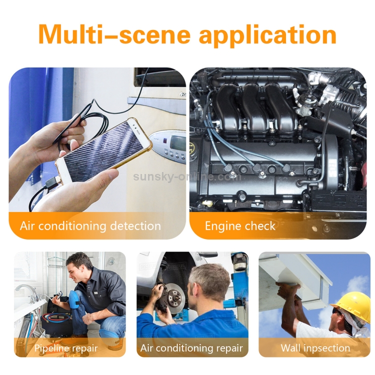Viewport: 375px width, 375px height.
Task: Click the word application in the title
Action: click(x=267, y=35)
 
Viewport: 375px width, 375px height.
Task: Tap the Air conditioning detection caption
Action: click(x=90, y=225)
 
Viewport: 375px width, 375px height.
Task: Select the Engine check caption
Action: click(x=240, y=226)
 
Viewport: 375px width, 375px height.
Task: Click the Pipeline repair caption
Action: click(x=66, y=347)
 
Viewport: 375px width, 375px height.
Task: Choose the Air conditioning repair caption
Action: click(x=191, y=347)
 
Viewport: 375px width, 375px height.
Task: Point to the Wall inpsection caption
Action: click(x=315, y=347)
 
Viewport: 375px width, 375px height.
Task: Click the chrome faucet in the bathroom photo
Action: click(x=25, y=290)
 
